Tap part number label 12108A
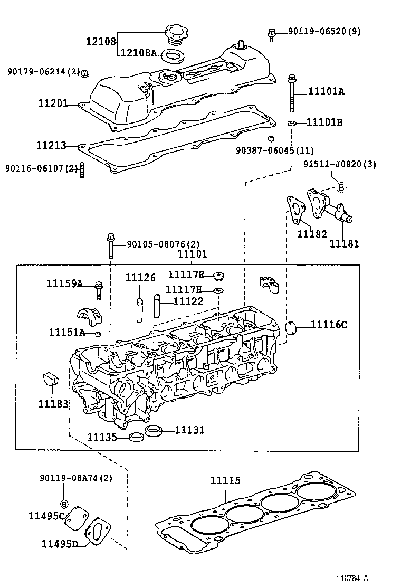tap(139, 53)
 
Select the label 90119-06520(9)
tap(324, 32)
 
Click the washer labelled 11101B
tap(291, 123)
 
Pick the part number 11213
tap(51, 145)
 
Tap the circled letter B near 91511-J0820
tap(341, 187)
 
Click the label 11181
tap(344, 243)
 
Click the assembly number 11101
tap(192, 254)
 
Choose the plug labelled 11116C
tap(291, 327)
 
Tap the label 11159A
tap(64, 284)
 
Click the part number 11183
tap(53, 404)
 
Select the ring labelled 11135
tap(137, 437)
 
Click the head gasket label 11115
tap(225, 480)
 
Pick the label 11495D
tap(60, 543)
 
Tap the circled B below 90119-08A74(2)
tap(63, 503)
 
